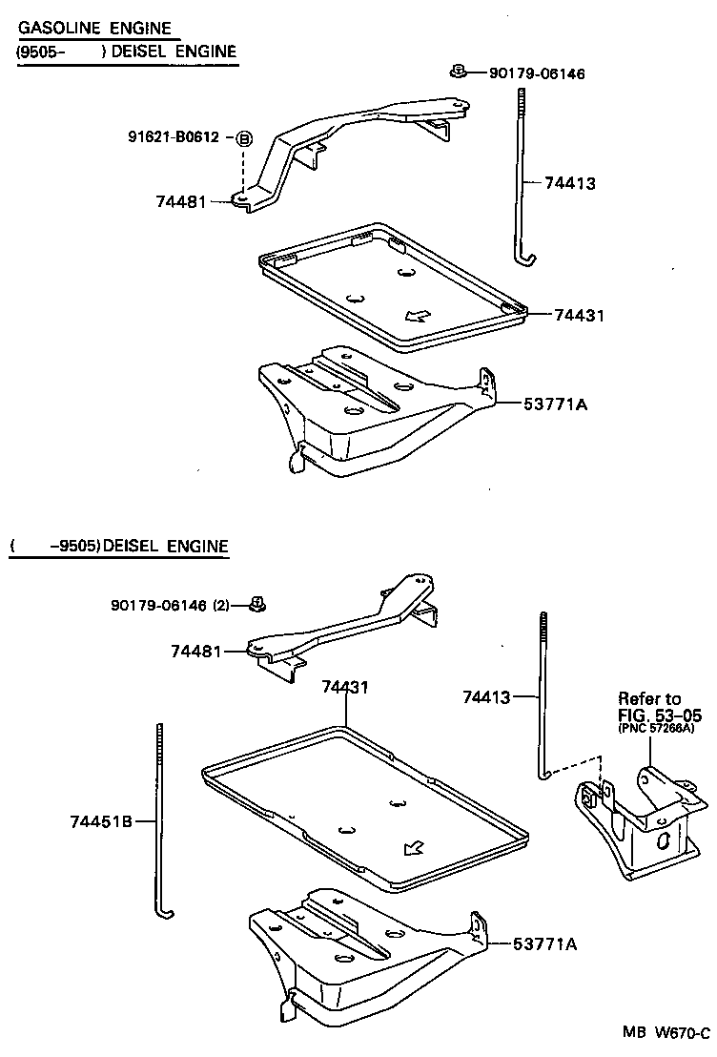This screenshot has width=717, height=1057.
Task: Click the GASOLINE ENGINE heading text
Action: tap(94, 30)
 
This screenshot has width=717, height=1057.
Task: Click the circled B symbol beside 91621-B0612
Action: tap(244, 139)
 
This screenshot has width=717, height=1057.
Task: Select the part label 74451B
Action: tap(100, 820)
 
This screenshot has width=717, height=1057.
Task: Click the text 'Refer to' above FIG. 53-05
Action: tap(649, 698)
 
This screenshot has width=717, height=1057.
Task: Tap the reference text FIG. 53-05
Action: tap(659, 715)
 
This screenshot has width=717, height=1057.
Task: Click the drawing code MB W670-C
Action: tap(666, 1033)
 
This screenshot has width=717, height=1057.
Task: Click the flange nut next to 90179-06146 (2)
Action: tap(256, 603)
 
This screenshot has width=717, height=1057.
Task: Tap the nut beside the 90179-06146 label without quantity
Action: tap(459, 72)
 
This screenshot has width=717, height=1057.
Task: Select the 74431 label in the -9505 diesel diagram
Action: tap(345, 686)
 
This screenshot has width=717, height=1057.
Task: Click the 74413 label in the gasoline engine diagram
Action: tap(570, 182)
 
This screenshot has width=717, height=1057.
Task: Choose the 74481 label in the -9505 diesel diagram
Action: tap(195, 651)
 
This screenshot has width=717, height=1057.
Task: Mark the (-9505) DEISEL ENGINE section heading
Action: tap(119, 547)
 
